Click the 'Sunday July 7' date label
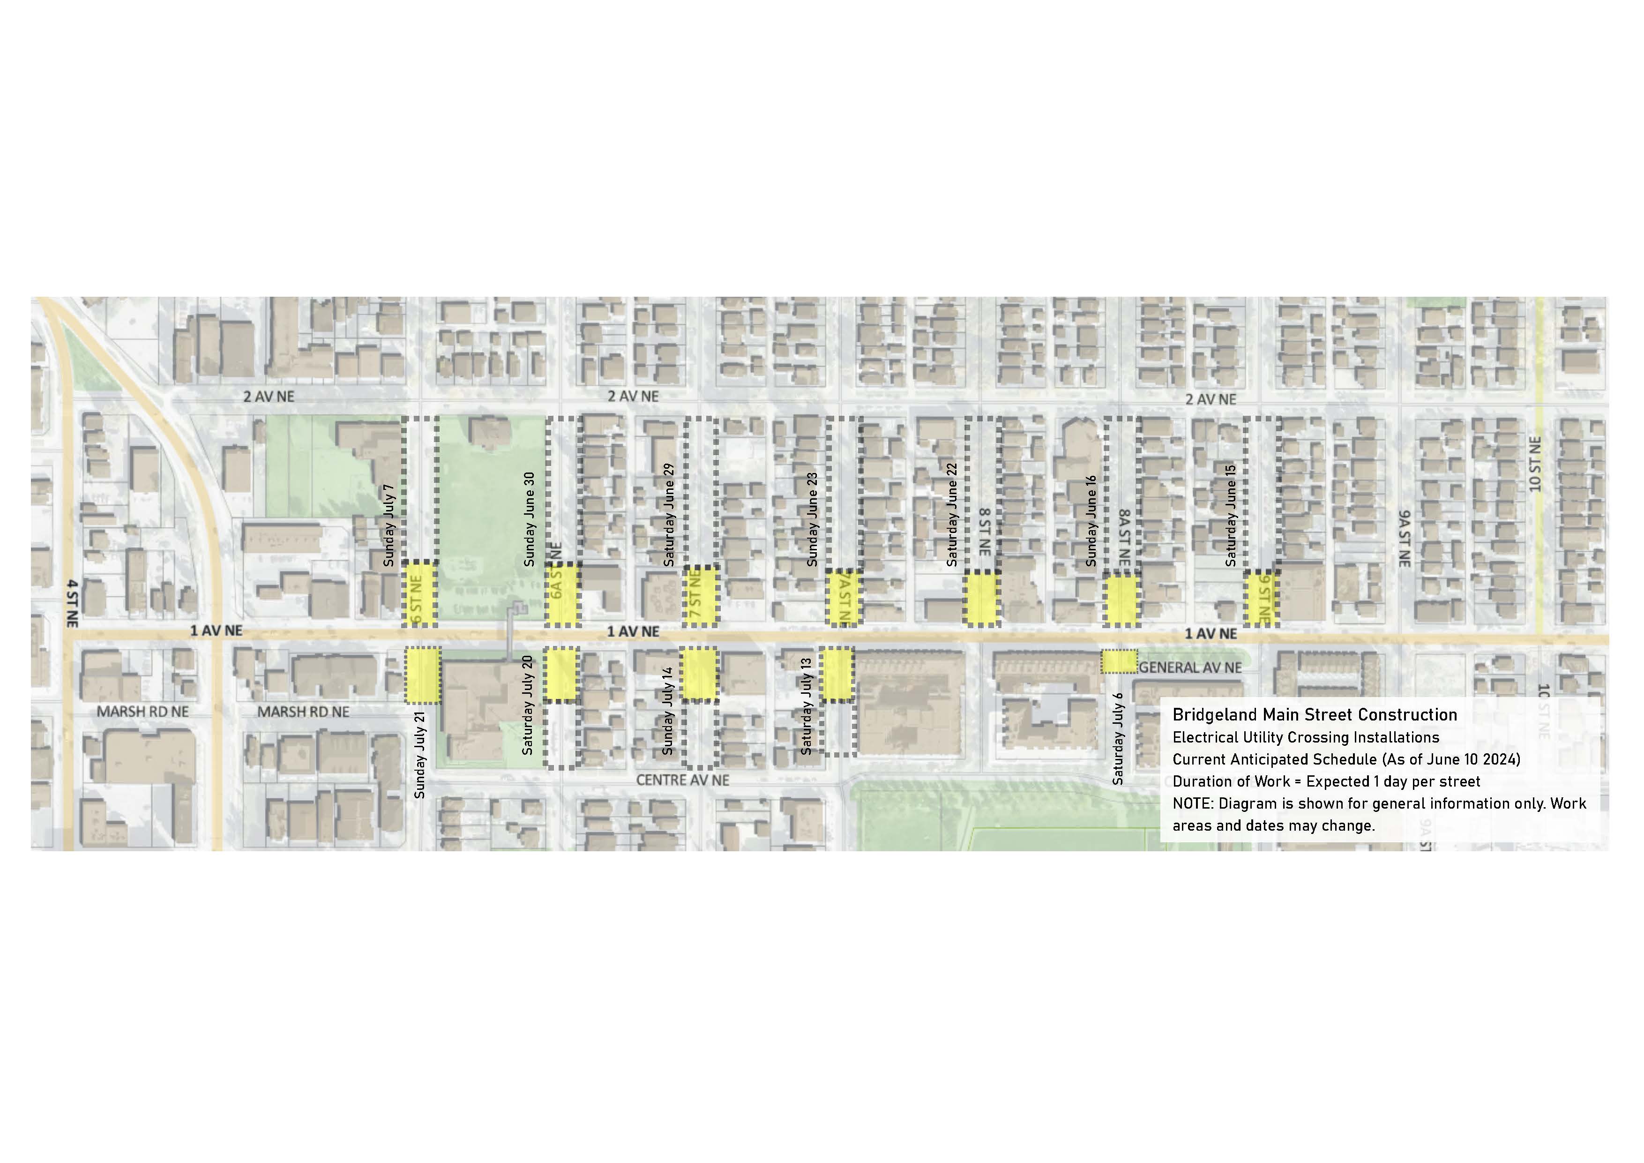[x=389, y=525]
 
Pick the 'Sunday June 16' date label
[x=1091, y=521]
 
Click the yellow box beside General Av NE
[x=1119, y=661]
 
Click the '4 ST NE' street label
[x=72, y=604]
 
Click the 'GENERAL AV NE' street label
[x=1190, y=668]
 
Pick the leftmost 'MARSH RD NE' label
[x=142, y=712]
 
